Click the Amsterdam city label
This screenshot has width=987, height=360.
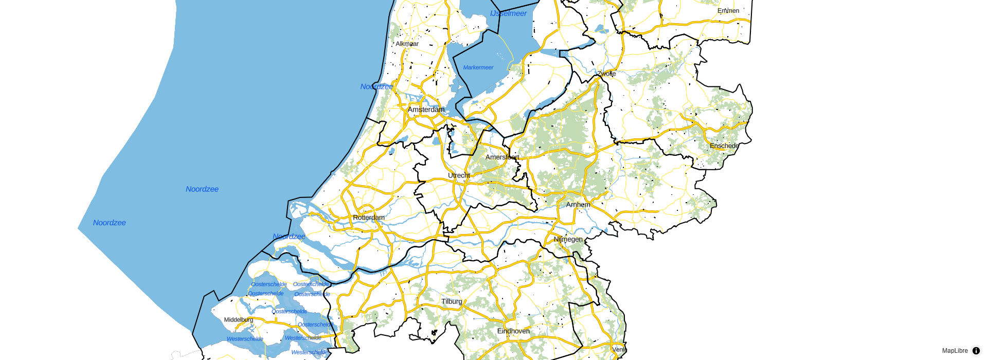coord(426,110)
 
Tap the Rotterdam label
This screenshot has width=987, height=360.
coord(369,218)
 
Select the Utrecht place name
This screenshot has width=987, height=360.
coord(459,175)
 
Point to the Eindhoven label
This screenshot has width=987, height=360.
coord(513,331)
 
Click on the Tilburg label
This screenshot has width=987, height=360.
coord(452,301)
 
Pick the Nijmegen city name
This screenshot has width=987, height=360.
coord(568,240)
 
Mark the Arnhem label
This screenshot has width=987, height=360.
coord(578,205)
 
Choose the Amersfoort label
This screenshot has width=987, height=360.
coord(502,157)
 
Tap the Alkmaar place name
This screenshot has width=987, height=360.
coord(407,44)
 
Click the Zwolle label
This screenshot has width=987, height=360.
coord(607,74)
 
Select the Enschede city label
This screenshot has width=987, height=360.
coord(724,146)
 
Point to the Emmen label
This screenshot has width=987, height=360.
coord(728,11)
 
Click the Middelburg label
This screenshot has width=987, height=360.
coord(239,320)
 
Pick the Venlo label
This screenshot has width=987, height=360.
coord(619,350)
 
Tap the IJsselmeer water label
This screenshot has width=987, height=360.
coord(508,14)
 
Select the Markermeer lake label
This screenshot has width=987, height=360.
coord(478,67)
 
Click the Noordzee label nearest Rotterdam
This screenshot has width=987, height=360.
coord(289,237)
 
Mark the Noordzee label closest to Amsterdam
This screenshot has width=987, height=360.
coord(376,87)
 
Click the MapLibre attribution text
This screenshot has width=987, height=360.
coord(955,351)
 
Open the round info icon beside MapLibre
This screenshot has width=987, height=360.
coord(976,351)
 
